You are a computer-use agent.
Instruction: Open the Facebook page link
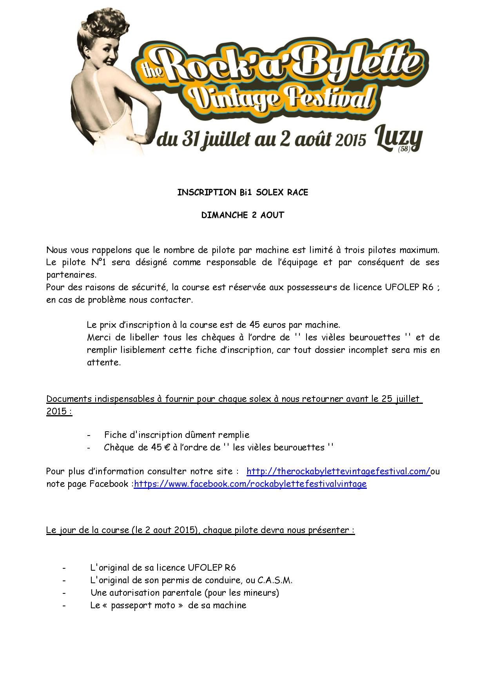tap(250, 484)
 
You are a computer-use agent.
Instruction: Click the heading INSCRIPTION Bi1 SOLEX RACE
tap(243, 192)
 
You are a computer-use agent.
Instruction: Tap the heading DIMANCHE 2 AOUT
tap(243, 215)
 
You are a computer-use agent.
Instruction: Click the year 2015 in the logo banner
tap(346, 139)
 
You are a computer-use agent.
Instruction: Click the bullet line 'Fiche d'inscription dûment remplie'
tap(176, 435)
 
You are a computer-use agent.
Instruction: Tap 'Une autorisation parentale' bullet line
tap(184, 593)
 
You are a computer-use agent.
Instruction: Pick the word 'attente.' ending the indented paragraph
tap(104, 362)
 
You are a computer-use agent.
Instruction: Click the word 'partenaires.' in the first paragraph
tap(71, 275)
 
